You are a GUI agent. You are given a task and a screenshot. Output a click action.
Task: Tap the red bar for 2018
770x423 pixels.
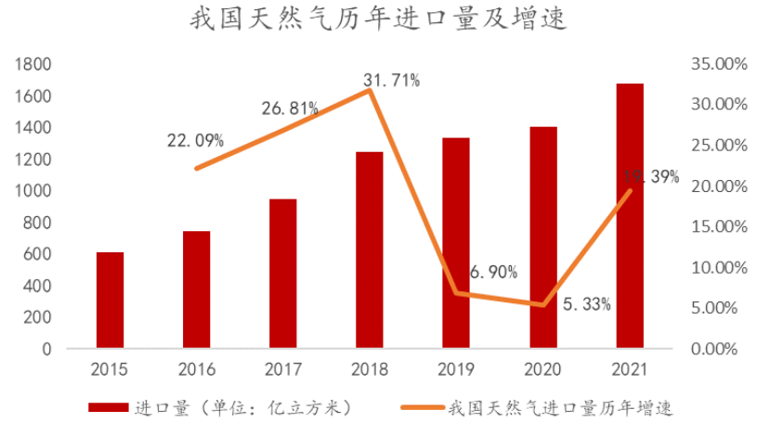(x=370, y=250)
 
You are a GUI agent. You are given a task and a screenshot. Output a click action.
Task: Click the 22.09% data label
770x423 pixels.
(x=195, y=141)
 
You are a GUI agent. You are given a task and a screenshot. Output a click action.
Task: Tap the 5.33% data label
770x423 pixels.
(x=587, y=304)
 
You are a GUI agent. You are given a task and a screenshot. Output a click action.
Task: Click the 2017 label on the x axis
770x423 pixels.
(x=282, y=369)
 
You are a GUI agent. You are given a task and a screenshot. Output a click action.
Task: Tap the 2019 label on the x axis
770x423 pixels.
(x=456, y=369)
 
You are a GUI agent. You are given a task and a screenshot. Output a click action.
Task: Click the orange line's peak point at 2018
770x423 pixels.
(x=370, y=90)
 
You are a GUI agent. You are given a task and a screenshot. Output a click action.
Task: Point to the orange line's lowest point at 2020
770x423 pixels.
(x=543, y=304)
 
